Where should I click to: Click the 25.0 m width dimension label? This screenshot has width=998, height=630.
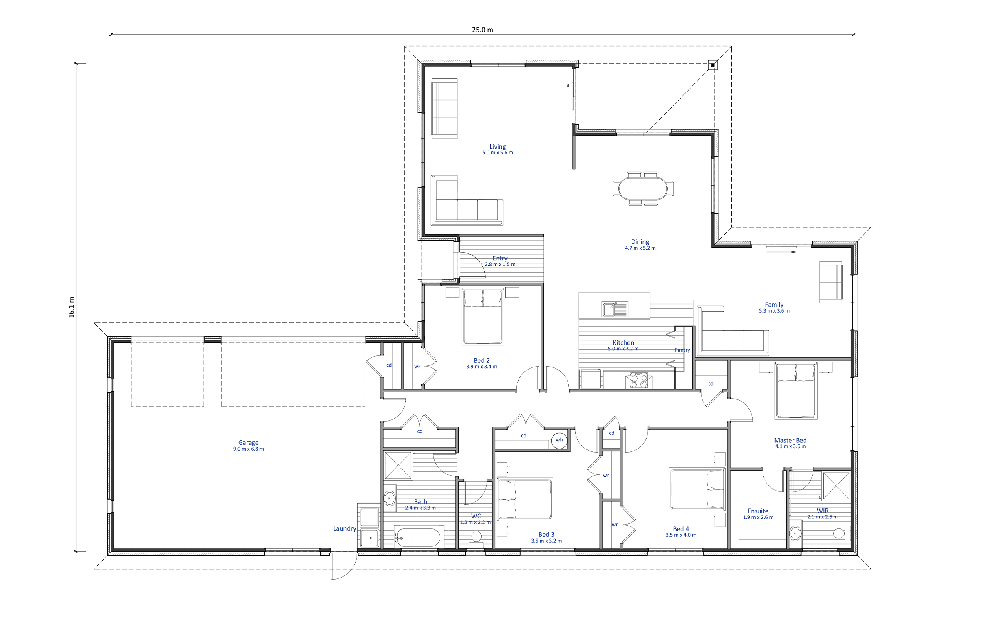tap(482, 30)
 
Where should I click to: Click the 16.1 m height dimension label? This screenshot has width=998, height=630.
tap(71, 307)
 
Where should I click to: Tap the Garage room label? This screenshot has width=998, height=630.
tap(248, 443)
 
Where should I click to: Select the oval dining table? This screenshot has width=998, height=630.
tap(642, 189)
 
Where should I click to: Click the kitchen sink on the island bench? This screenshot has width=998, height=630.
tap(615, 309)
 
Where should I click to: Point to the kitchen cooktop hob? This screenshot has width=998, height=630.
tap(639, 380)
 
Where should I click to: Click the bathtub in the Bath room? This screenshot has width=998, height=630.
tap(417, 538)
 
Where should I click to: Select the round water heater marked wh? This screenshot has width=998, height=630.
tap(559, 440)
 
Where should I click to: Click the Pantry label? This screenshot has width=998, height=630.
tap(682, 350)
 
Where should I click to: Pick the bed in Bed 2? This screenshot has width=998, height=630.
tap(483, 317)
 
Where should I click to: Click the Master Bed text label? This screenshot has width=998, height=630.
tap(790, 440)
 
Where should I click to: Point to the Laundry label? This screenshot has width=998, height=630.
tap(345, 528)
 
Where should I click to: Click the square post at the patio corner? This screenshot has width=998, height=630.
tap(713, 65)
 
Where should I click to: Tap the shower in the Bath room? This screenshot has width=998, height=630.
tap(398, 465)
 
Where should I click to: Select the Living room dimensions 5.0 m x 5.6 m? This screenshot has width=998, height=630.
tap(498, 153)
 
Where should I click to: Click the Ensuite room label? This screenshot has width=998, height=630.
tap(758, 511)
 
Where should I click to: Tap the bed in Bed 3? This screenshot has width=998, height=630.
tap(525, 499)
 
